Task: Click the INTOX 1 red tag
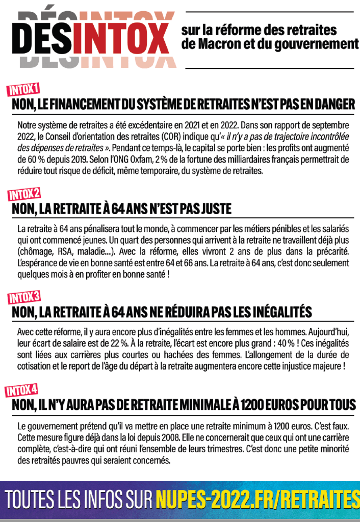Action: (x=22, y=90)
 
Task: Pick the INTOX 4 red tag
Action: (x=21, y=390)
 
